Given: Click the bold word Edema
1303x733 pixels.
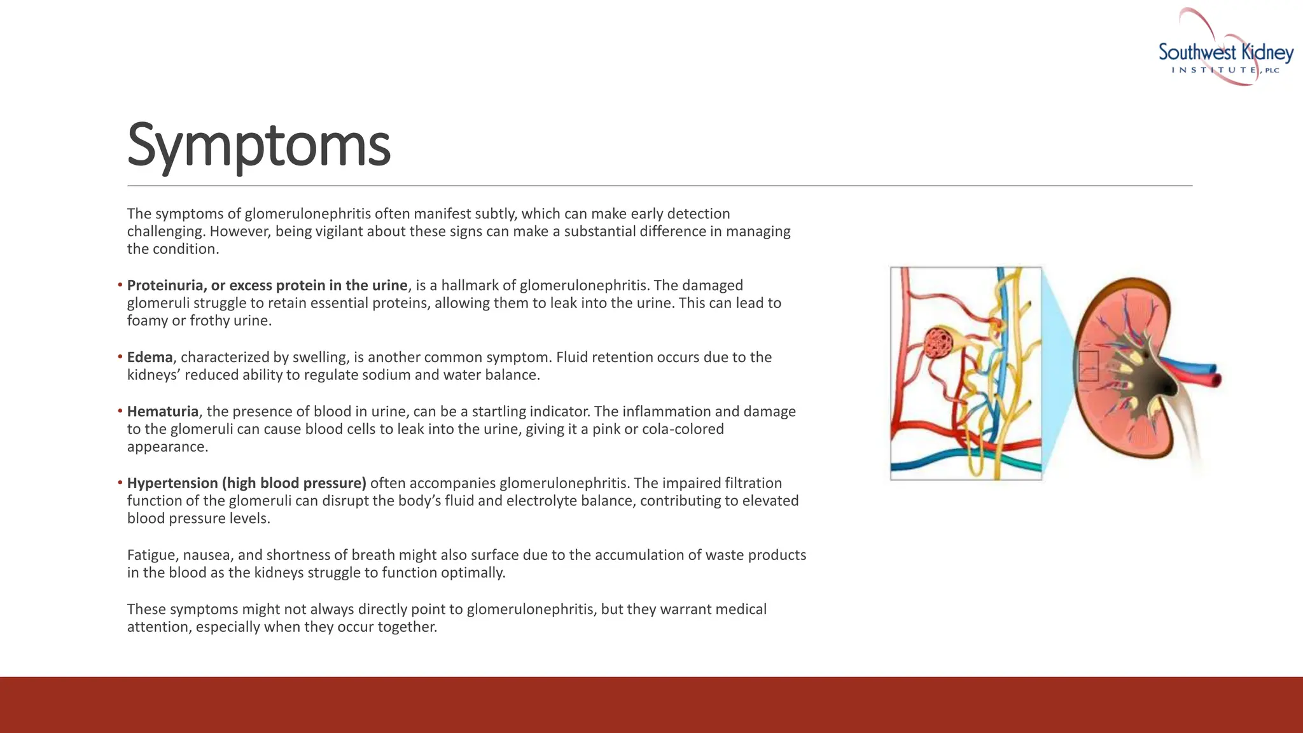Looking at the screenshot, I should point(150,357).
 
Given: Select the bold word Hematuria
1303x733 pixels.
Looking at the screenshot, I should point(163,412).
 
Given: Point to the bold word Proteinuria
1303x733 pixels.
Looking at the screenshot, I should point(165,286).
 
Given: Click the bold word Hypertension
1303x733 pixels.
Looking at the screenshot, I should point(172,484).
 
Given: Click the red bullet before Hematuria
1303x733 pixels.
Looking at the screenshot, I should point(120,411).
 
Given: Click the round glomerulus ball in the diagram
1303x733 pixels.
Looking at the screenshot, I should point(938,343).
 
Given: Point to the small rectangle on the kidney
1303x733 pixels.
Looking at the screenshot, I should point(1089,366).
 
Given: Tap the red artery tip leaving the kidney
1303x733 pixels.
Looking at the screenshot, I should point(1216,380).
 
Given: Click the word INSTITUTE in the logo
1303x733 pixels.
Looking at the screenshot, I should point(1214,70).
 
